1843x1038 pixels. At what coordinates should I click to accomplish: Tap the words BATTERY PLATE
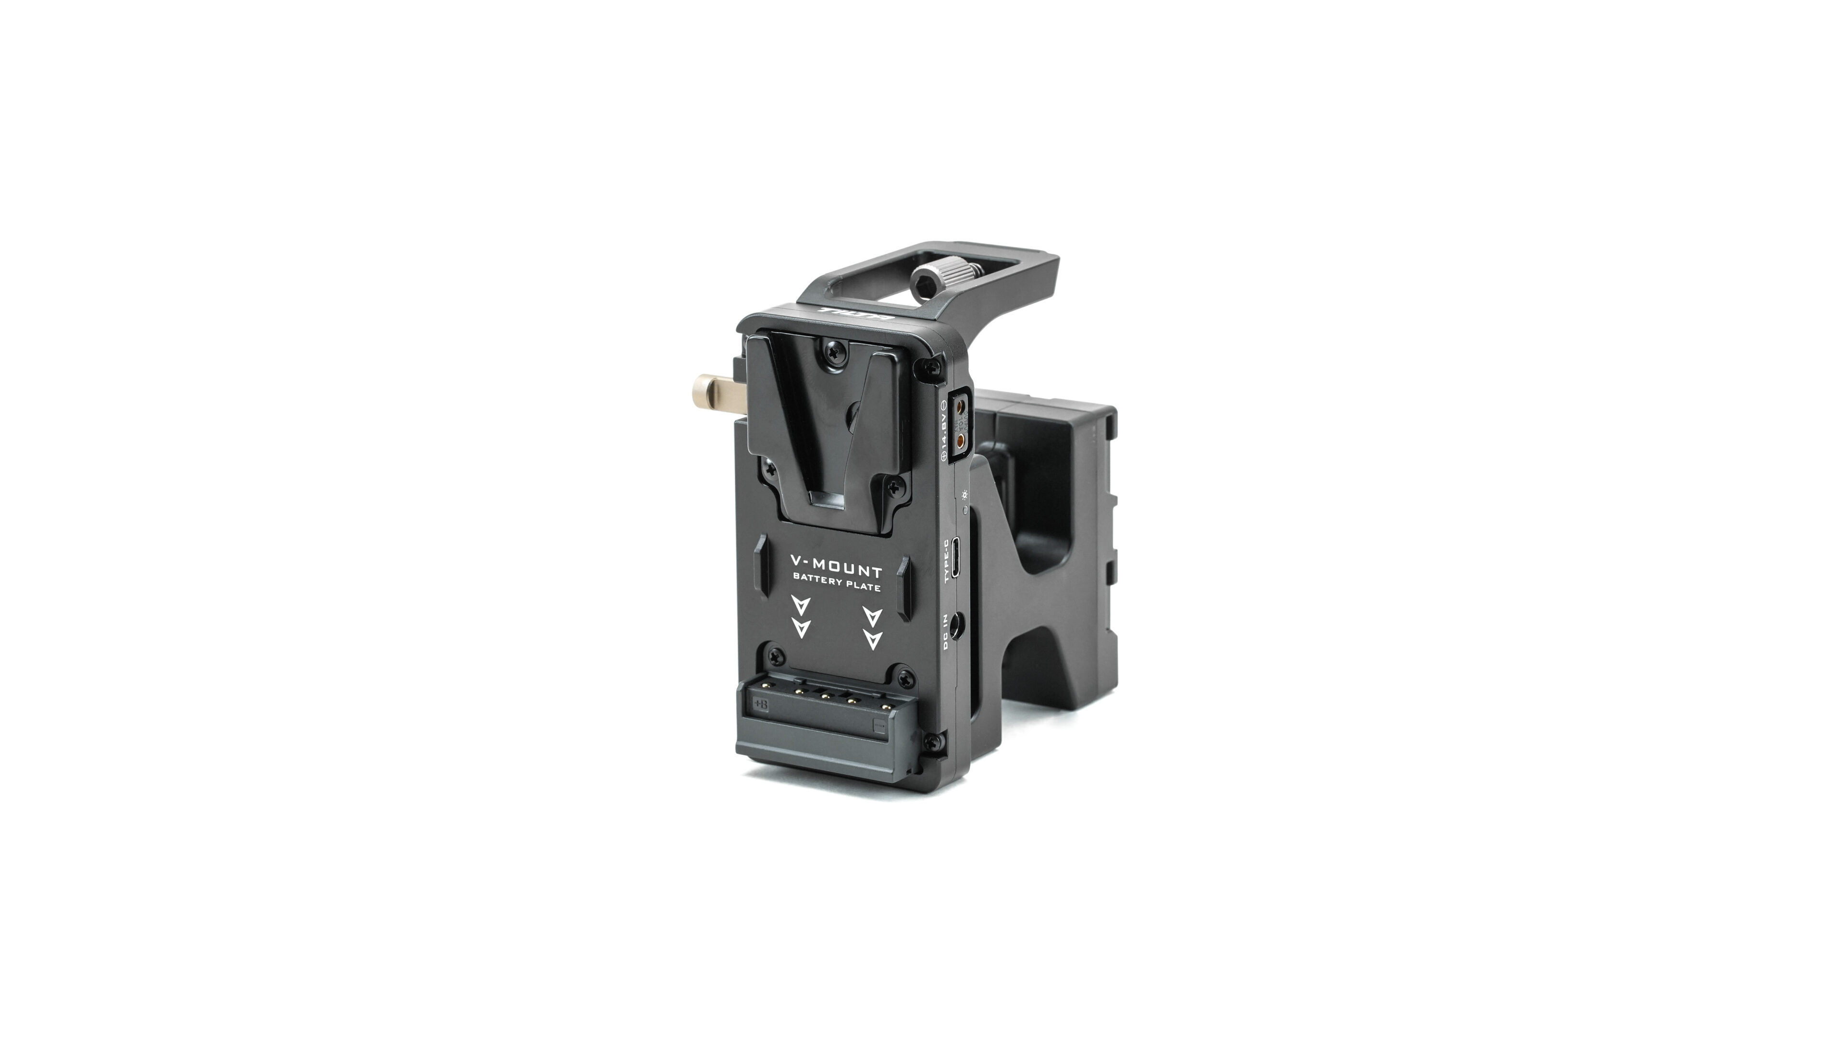pyautogui.click(x=836, y=587)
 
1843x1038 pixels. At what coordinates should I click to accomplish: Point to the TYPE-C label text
pyautogui.click(x=949, y=560)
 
